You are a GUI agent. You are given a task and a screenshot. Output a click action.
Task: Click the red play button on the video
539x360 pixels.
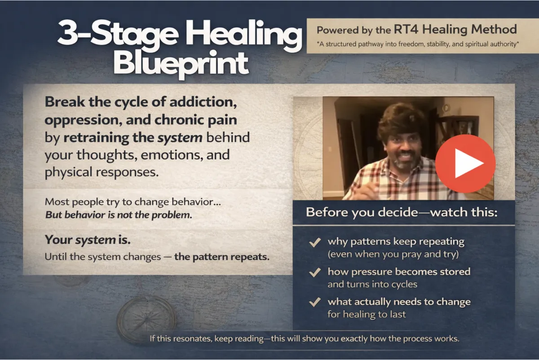click(465, 163)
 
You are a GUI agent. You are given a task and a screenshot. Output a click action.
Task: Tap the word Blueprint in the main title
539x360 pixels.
click(181, 64)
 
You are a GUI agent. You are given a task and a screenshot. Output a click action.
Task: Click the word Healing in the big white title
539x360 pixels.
click(243, 35)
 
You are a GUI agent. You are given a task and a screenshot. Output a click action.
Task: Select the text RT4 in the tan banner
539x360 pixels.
click(406, 29)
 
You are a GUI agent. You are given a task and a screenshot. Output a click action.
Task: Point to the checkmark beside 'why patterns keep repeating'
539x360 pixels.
click(315, 242)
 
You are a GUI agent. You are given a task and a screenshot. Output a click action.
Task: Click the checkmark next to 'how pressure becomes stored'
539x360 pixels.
click(315, 272)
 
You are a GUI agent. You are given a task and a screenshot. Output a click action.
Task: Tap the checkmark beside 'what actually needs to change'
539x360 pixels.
click(315, 302)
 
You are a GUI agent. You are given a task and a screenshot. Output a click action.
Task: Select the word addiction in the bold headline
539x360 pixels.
click(203, 102)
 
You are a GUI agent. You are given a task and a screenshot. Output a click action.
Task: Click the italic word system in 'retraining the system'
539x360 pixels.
click(180, 137)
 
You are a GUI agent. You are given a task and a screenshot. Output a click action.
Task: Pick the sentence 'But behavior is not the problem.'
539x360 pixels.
click(119, 215)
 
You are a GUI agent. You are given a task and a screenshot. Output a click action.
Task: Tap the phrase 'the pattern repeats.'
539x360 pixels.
click(221, 257)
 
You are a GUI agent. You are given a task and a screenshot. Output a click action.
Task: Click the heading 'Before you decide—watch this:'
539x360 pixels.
click(402, 212)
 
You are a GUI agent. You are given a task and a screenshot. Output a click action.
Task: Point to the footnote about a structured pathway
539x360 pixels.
click(418, 44)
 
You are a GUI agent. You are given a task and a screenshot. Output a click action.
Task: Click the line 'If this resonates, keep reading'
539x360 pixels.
click(207, 338)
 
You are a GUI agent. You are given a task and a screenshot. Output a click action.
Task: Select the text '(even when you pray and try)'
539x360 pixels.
click(393, 254)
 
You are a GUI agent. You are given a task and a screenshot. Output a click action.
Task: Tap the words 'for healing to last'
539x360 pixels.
click(367, 314)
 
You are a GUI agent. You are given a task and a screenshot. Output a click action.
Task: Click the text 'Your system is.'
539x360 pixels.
click(88, 240)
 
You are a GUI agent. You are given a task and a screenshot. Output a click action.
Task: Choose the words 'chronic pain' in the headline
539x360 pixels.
click(196, 120)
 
